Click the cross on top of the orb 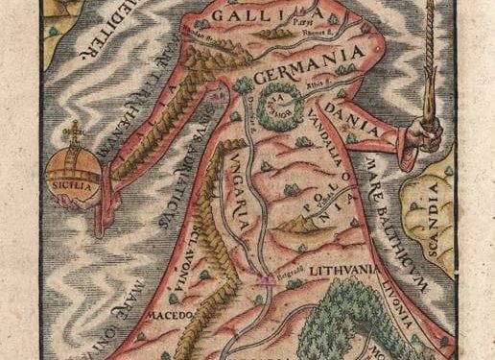(x=72, y=132)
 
